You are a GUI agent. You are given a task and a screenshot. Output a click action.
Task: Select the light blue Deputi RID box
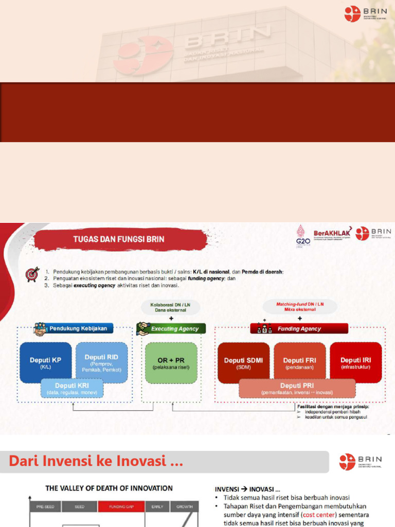tap(101, 359)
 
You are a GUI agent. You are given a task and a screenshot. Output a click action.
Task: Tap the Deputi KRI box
tap(71, 389)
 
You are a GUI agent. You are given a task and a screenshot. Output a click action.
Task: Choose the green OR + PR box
tap(171, 362)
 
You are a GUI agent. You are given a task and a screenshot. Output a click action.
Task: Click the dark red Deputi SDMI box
tap(243, 362)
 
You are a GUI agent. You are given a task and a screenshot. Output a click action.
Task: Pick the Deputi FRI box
tap(299, 362)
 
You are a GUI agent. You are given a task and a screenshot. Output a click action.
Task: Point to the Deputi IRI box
tap(355, 362)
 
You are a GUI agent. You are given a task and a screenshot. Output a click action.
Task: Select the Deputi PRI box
tap(297, 388)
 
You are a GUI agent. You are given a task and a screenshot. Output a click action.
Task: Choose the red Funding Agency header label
tap(299, 328)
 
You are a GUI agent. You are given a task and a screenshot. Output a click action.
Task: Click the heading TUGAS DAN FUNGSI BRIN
tap(119, 239)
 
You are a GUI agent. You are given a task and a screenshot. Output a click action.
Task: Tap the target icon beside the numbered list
tap(32, 275)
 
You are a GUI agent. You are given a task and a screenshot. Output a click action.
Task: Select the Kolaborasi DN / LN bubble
tap(170, 307)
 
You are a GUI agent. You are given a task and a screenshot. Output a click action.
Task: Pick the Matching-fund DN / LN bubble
tap(300, 307)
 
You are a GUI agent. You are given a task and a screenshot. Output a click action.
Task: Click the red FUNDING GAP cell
tap(121, 506)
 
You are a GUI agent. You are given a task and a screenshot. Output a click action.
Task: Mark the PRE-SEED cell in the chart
tap(46, 506)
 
